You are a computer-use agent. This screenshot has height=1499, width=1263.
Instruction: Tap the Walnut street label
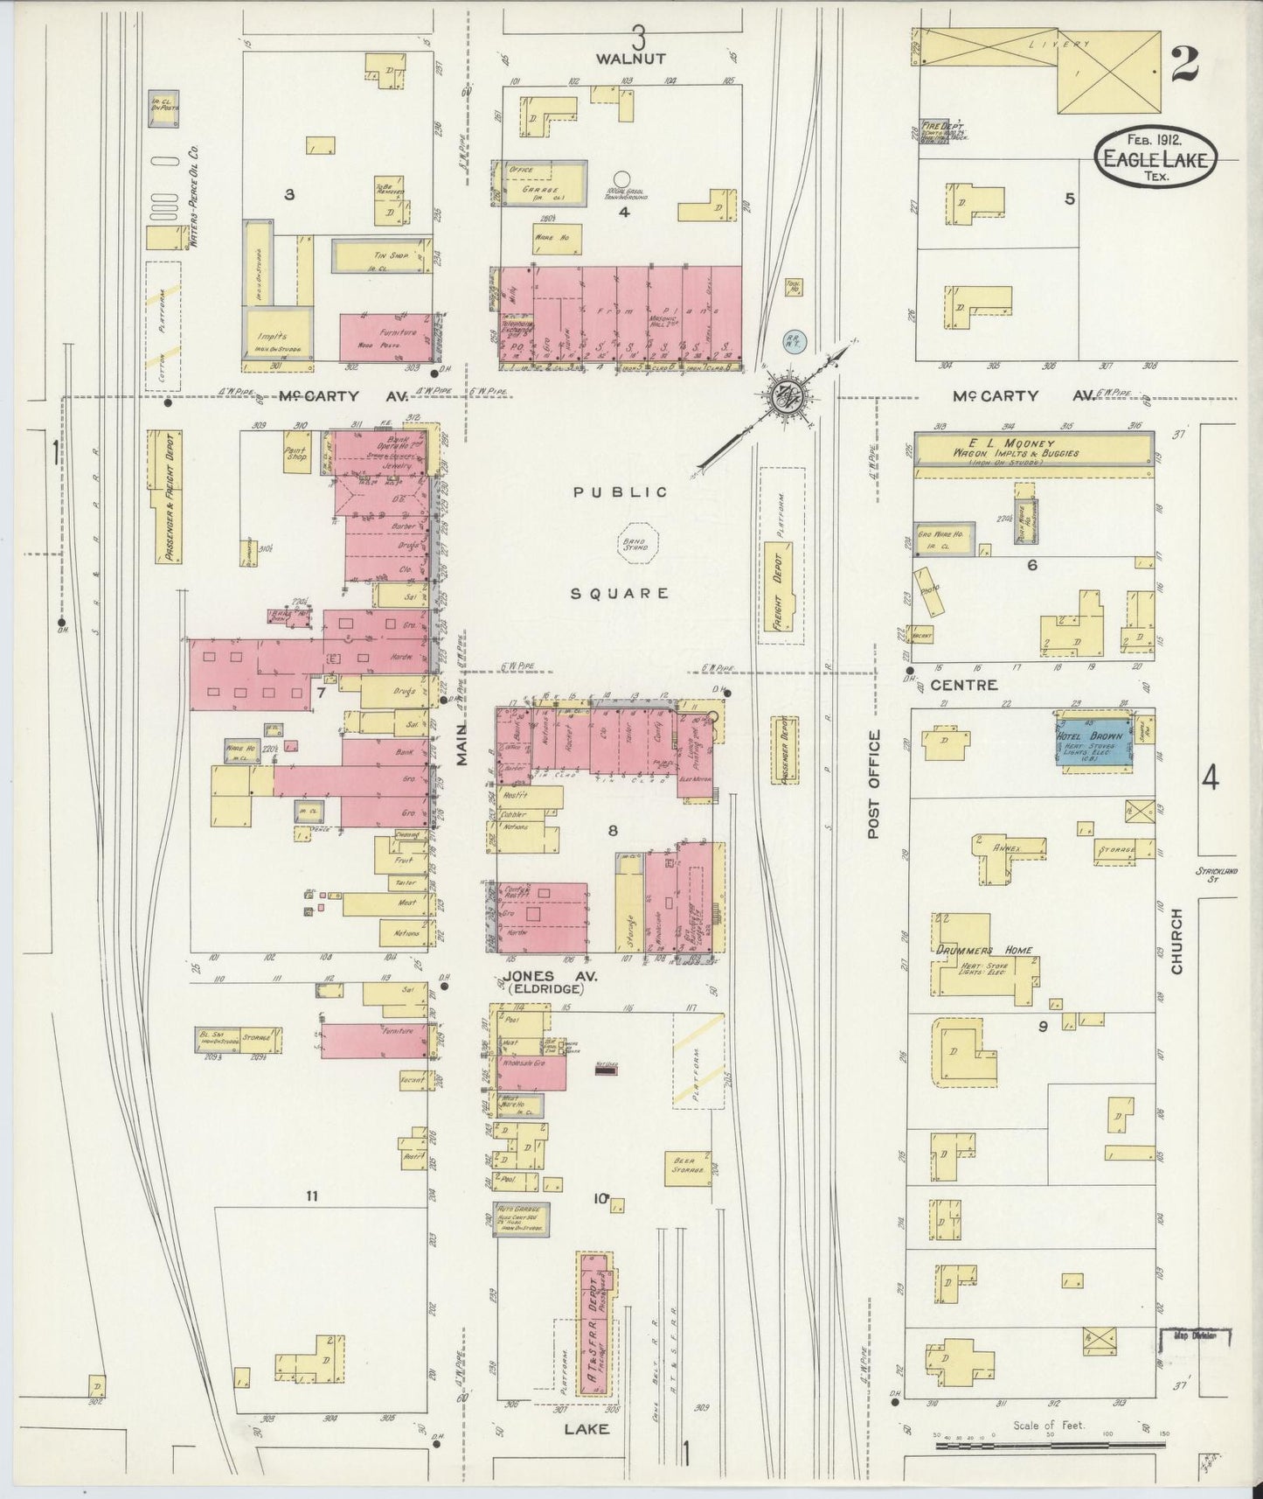[x=631, y=59]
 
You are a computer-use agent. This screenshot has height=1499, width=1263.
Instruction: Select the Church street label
[x=1176, y=942]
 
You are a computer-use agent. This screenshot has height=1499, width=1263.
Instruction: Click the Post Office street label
[x=874, y=784]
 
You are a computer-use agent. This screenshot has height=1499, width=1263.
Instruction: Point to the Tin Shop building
[x=382, y=256]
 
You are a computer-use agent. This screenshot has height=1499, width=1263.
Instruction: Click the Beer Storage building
[x=684, y=1167]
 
